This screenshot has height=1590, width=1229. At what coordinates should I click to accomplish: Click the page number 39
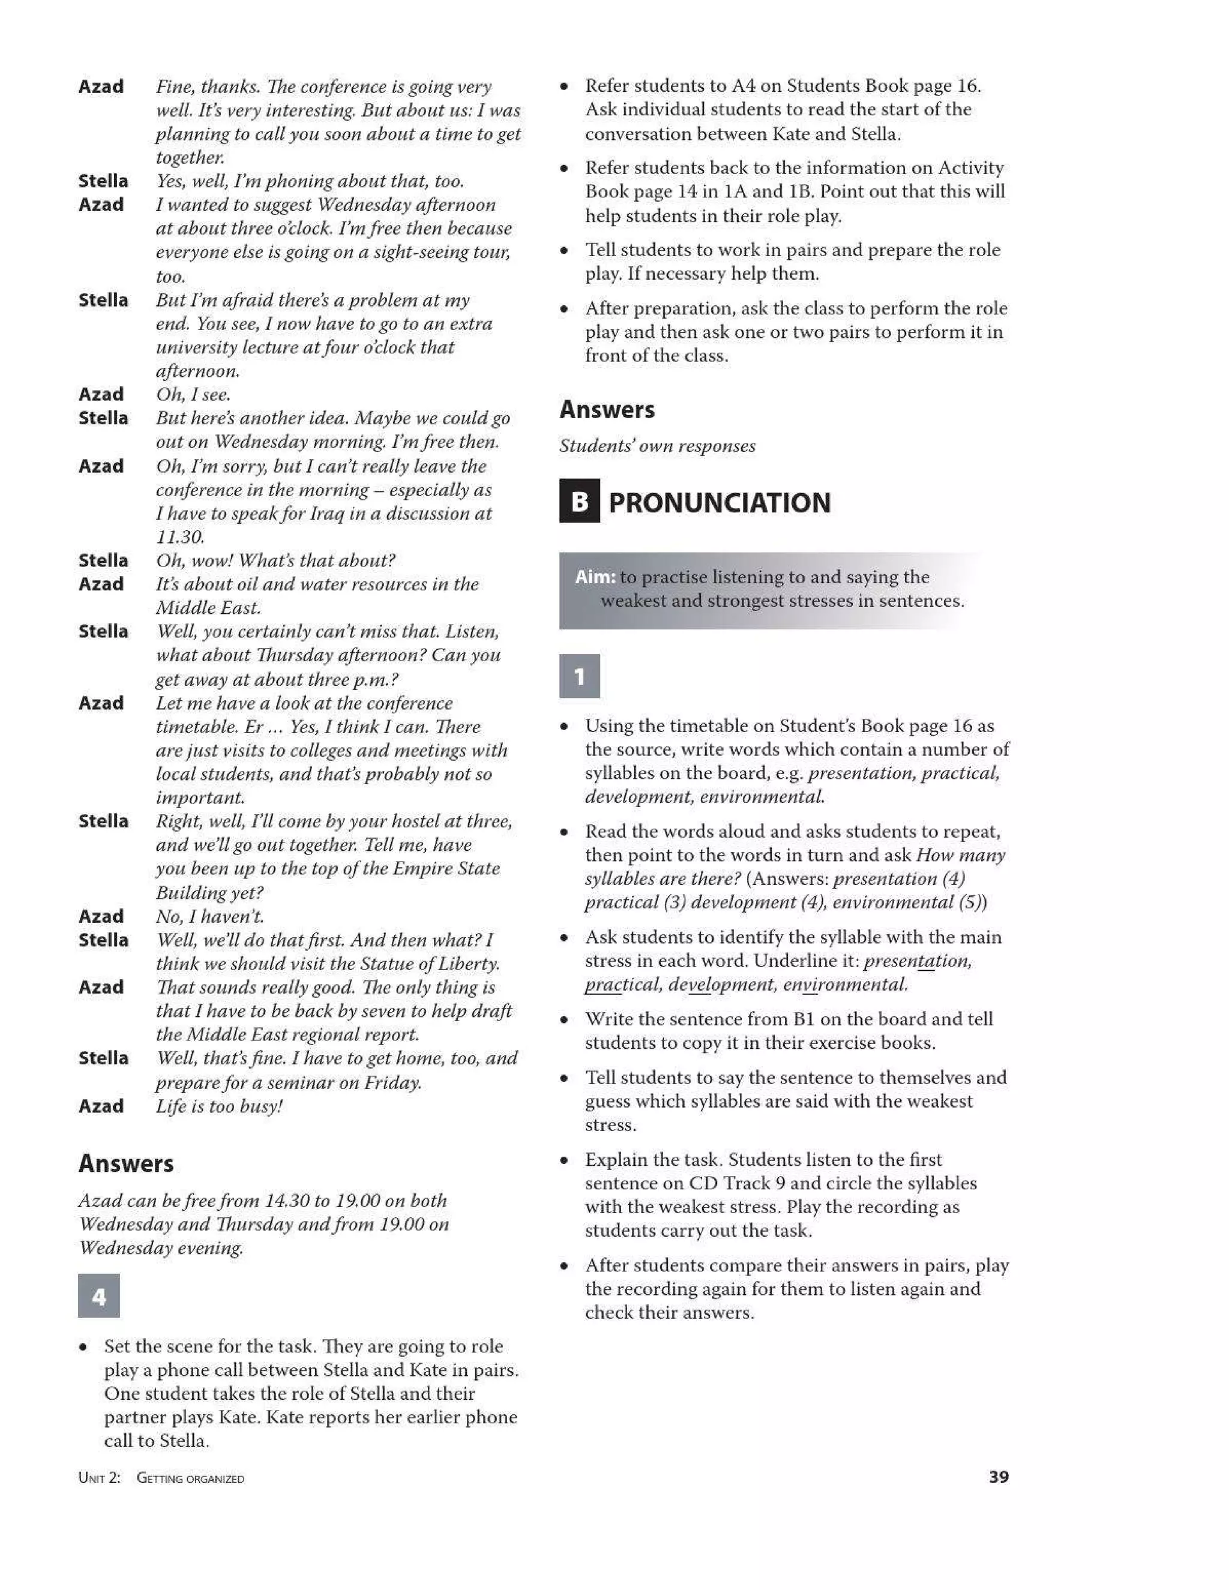point(998,1477)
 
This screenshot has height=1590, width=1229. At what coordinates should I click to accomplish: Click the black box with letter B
point(580,501)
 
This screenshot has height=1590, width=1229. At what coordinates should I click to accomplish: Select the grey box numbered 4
point(99,1295)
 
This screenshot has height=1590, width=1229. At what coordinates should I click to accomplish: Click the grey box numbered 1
point(580,676)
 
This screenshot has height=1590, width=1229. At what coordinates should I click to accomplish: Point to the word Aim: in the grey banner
point(595,577)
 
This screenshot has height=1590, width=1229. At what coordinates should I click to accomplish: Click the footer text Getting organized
point(191,1478)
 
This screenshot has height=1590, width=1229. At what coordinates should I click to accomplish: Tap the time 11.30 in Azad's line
point(179,537)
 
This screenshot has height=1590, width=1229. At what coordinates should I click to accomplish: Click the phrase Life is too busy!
point(219,1106)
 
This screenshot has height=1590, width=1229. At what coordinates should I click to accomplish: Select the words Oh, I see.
point(193,395)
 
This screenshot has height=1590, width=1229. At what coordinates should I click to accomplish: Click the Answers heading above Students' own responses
point(607,410)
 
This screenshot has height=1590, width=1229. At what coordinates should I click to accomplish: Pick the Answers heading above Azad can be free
point(126,1163)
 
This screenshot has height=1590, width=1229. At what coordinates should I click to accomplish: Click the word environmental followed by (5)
point(892,903)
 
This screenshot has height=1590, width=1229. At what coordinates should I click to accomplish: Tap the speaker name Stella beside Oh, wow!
point(103,560)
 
